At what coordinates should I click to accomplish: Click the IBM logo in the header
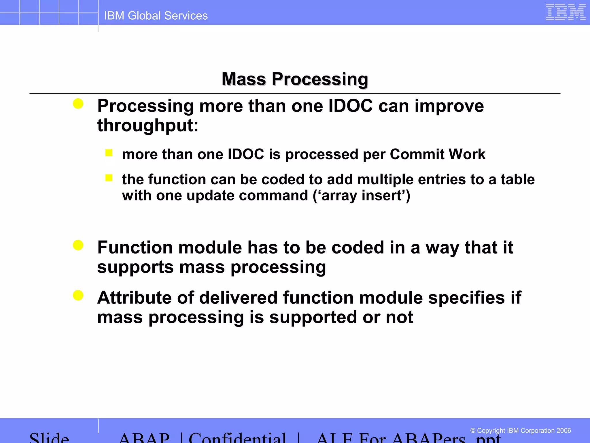click(x=565, y=12)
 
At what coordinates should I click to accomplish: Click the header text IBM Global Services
click(x=156, y=16)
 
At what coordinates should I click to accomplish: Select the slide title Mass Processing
click(x=295, y=79)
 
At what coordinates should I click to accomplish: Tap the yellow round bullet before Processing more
click(x=78, y=104)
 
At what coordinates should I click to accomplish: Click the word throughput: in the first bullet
click(x=148, y=126)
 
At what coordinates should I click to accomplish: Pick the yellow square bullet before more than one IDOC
click(x=109, y=152)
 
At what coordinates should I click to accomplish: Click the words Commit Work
click(x=437, y=154)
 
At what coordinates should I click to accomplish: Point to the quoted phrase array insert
click(x=362, y=196)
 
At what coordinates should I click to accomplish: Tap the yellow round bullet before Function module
click(x=78, y=245)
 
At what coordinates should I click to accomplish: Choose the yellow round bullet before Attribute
click(x=78, y=295)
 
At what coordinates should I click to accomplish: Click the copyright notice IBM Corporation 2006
click(x=520, y=431)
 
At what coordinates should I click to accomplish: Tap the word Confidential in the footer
click(x=237, y=437)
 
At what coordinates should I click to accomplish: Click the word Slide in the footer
click(x=49, y=437)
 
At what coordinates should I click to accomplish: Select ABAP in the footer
click(x=144, y=437)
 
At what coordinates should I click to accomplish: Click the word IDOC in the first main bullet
click(x=351, y=106)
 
